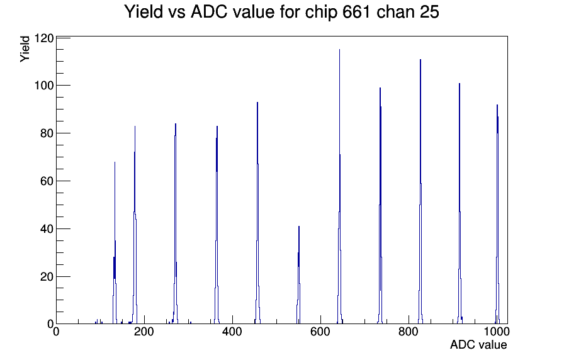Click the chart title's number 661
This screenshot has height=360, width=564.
coord(357,12)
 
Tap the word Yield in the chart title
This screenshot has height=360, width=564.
coord(144,12)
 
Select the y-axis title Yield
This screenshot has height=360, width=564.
coord(25,49)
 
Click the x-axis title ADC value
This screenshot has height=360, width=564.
coord(478,344)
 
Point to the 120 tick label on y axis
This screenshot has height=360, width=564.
coord(44,38)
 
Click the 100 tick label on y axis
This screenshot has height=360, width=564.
coord(44,86)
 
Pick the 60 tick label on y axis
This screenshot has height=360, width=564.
coord(47,181)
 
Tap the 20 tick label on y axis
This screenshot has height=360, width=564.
coord(47,277)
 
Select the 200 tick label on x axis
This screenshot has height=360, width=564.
coord(144,331)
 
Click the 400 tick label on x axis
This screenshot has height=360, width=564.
coord(232,331)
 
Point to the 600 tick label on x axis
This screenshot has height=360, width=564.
coord(320,331)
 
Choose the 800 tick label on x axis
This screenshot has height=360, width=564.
coord(409,331)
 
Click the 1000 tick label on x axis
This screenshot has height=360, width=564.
coord(496,331)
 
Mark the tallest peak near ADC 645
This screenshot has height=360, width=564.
coord(339,49)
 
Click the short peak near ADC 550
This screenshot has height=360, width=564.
coord(299,226)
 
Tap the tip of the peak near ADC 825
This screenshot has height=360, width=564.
coord(420,59)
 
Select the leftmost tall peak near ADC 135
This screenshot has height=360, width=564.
coord(115,162)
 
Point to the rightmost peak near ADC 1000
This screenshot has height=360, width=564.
coord(497,104)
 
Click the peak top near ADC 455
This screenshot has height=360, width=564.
coord(257,102)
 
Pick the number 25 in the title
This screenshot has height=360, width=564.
coord(429,12)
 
